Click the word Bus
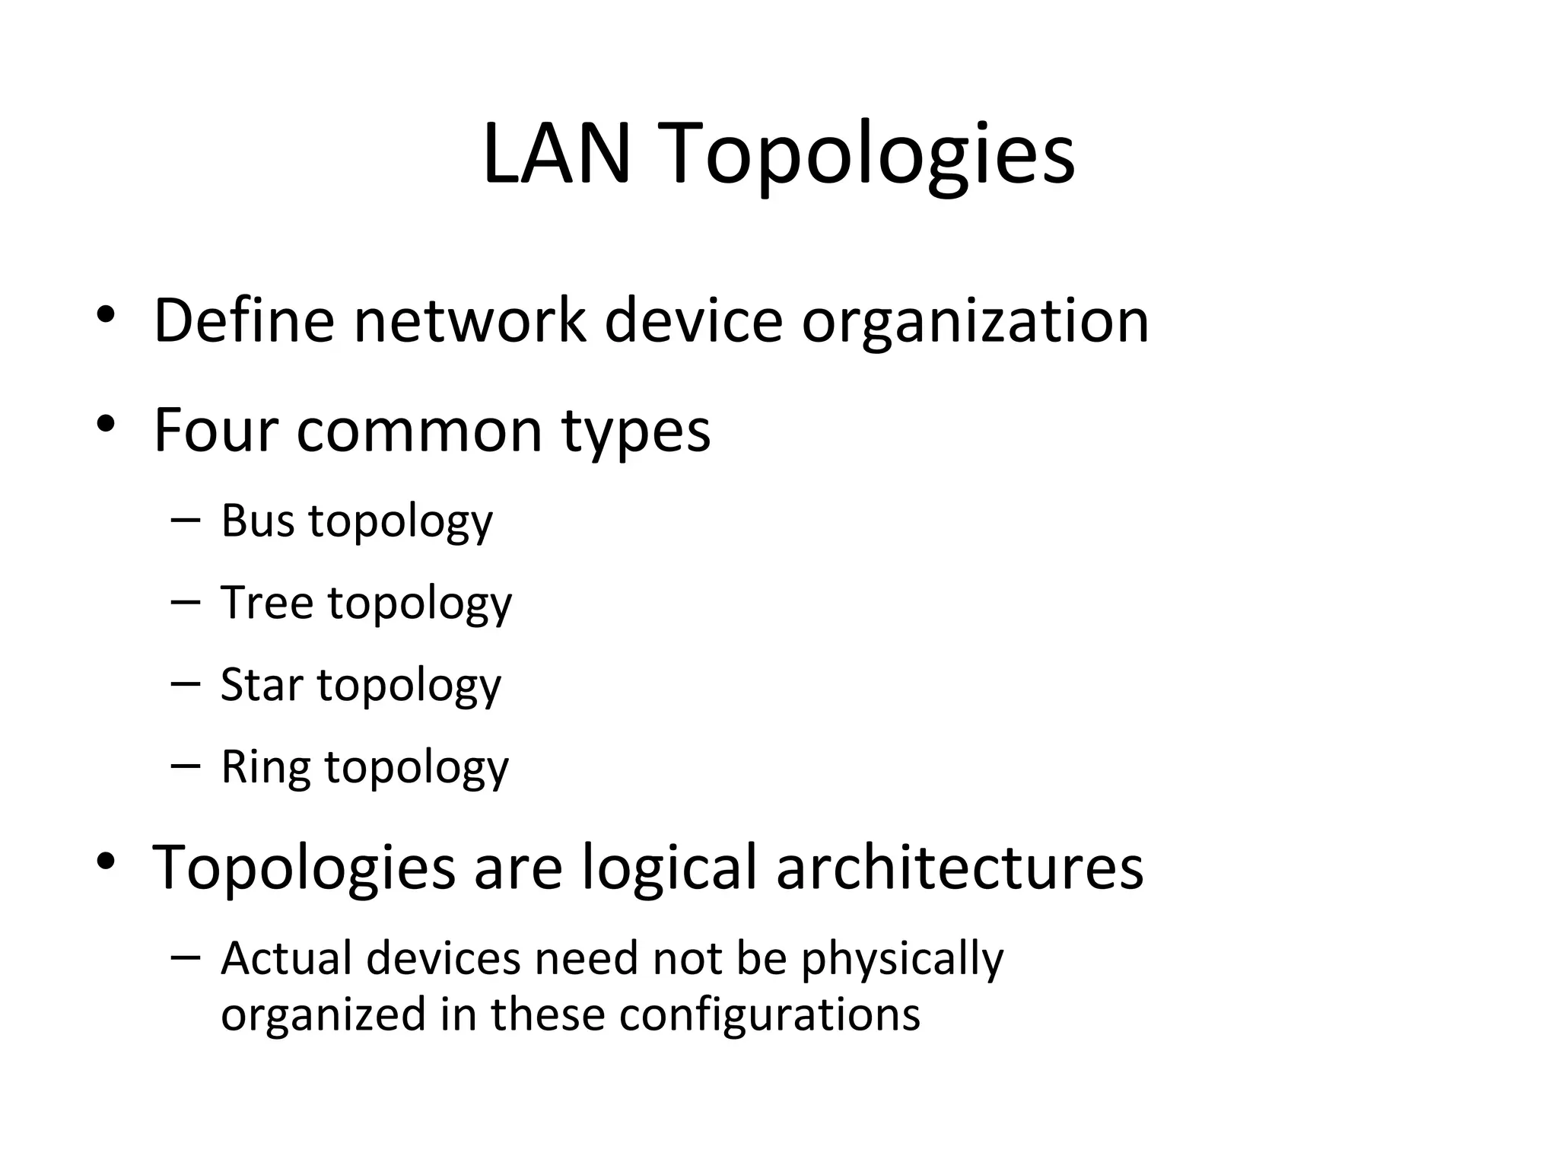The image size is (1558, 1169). [257, 521]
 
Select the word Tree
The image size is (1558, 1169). [266, 603]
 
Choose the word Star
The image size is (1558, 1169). [261, 684]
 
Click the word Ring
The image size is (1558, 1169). [265, 767]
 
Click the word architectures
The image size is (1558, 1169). [959, 868]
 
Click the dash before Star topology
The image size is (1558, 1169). [186, 683]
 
